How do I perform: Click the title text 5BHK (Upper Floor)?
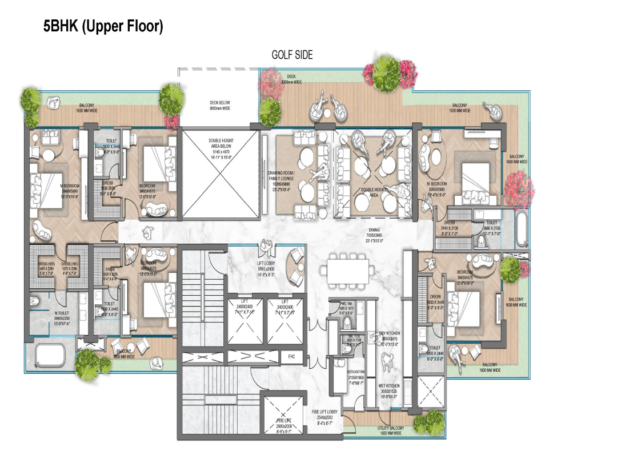click(103, 27)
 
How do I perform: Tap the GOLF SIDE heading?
click(292, 55)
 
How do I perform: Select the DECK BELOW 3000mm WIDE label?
click(219, 106)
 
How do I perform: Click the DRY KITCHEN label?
click(390, 337)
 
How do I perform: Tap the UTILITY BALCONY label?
click(391, 430)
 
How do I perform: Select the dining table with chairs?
click(348, 271)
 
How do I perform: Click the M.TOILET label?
click(62, 316)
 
